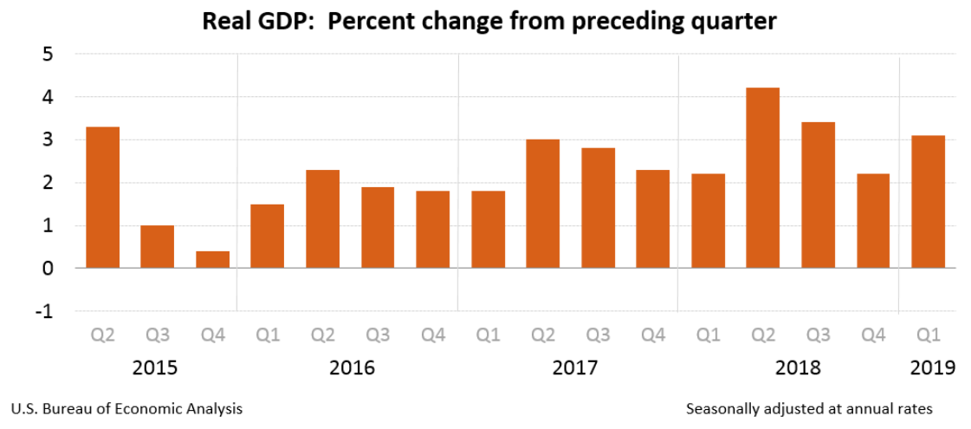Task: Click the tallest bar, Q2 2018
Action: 763,178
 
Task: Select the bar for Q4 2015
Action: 213,259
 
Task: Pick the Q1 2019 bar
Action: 928,201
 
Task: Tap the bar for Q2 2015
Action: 103,197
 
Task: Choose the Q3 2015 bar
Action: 158,246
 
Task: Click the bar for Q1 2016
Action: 268,236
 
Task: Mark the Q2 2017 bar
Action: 543,204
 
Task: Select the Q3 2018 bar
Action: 819,195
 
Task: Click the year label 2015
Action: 155,367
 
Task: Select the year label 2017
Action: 575,367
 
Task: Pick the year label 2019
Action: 933,367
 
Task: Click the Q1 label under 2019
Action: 928,335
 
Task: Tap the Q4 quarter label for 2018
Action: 873,335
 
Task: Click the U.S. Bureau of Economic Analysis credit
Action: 126,408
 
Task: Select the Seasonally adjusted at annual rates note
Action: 809,408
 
